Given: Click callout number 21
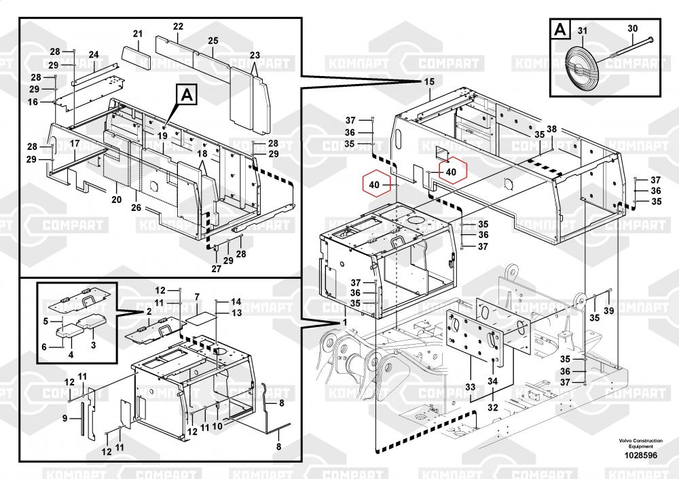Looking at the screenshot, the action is [138, 34].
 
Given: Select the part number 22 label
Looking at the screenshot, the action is [179, 26].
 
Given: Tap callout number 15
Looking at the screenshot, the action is [429, 82].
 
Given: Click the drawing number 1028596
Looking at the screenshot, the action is [640, 455].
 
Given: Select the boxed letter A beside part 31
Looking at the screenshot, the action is [560, 30].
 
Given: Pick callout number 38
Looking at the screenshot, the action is [551, 129].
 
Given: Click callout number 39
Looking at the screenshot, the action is [609, 311].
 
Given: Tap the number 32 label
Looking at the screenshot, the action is [493, 408].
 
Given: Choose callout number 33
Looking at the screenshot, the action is [471, 387].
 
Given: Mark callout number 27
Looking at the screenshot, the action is [217, 269].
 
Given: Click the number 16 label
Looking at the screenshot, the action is [33, 102].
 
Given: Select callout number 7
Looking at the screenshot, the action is [197, 297].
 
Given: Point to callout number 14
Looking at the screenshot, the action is [236, 302].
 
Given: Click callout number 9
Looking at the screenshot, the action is [65, 419].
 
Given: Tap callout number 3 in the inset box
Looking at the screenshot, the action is [93, 345].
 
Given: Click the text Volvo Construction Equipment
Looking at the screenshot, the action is [640, 443].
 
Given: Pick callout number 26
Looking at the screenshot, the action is [136, 208].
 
